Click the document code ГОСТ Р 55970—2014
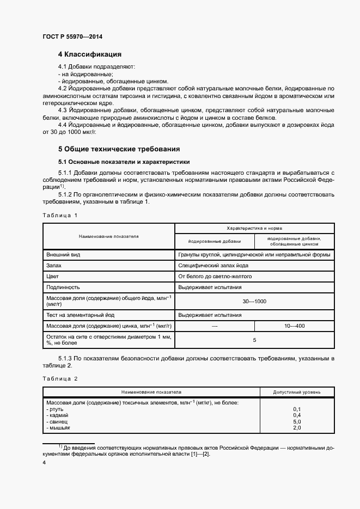[x=72, y=37]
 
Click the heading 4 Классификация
[x=89, y=54]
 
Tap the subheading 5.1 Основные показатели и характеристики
[x=124, y=162]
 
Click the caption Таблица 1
[x=60, y=215]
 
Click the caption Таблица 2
[x=60, y=378]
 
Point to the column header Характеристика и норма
[x=254, y=229]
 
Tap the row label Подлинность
[x=63, y=287]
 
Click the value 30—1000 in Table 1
[x=254, y=301]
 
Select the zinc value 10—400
[x=294, y=326]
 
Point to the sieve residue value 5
[x=254, y=340]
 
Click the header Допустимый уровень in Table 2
[x=297, y=391]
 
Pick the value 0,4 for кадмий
[x=297, y=415]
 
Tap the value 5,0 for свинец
[x=297, y=421]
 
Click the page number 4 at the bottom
[x=44, y=462]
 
